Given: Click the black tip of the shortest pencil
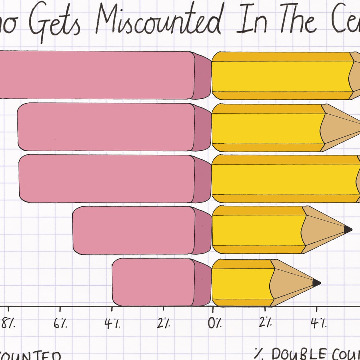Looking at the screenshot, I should point(316,283).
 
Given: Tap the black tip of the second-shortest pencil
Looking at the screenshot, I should point(348,230).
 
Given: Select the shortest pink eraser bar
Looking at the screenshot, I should point(153,282).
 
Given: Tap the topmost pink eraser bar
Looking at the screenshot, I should point(96,75).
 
